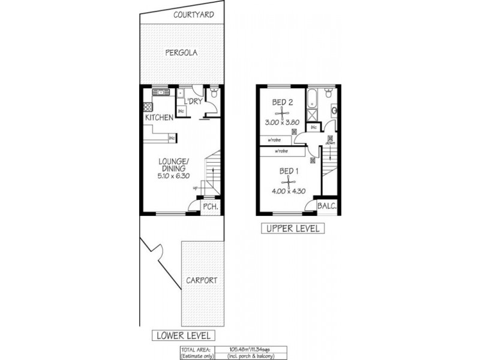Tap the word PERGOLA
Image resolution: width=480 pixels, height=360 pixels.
pos(182,53)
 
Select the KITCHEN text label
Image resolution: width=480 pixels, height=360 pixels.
pos(159,117)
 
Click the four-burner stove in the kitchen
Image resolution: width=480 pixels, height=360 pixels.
pos(147,107)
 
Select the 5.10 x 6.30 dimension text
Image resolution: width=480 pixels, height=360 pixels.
pos(174,176)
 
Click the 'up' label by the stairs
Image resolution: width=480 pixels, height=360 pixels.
pos(195,188)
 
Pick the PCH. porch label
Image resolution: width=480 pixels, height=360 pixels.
pos(209,207)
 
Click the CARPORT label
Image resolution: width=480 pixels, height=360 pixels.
pos(200,280)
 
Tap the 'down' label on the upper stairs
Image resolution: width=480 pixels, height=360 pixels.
pos(330,143)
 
